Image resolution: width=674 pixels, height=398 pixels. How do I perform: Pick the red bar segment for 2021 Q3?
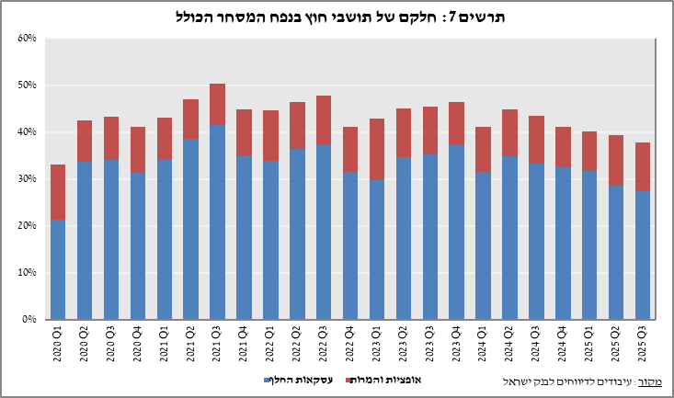pyautogui.click(x=217, y=104)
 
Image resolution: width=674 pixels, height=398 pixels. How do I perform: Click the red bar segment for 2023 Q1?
pyautogui.click(x=377, y=149)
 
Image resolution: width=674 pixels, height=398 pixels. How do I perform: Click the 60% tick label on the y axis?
pyautogui.click(x=26, y=39)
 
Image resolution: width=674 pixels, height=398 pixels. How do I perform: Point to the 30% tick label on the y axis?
pyautogui.click(x=26, y=179)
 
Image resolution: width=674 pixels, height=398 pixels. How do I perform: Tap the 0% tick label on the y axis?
pyautogui.click(x=29, y=320)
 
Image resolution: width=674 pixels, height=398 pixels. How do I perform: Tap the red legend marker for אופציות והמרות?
pyautogui.click(x=349, y=380)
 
